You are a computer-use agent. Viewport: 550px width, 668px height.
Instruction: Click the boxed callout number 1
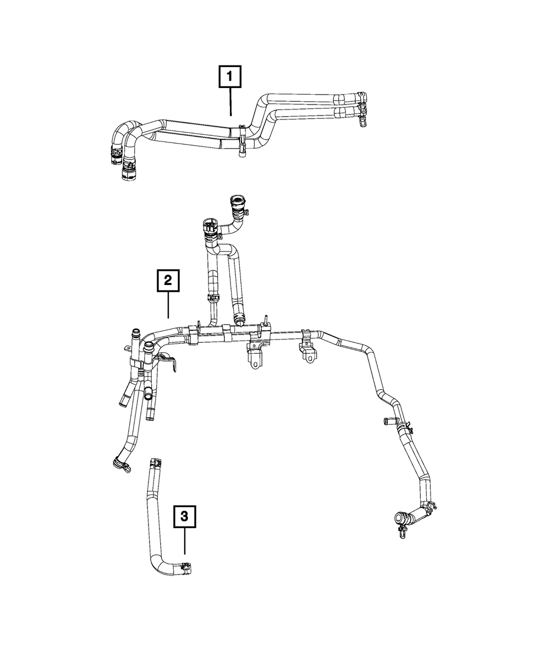(x=230, y=78)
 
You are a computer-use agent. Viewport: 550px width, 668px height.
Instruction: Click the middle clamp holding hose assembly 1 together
(x=241, y=139)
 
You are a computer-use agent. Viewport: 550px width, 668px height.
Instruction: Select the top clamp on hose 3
(x=154, y=464)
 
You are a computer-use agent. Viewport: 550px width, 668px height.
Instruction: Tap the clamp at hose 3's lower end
(x=185, y=568)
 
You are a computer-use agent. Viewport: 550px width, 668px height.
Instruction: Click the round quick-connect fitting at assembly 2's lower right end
(x=400, y=517)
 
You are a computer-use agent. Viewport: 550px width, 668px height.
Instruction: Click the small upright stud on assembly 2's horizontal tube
(x=264, y=320)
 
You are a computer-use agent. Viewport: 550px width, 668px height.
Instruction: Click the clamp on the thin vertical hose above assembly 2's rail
(x=212, y=299)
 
